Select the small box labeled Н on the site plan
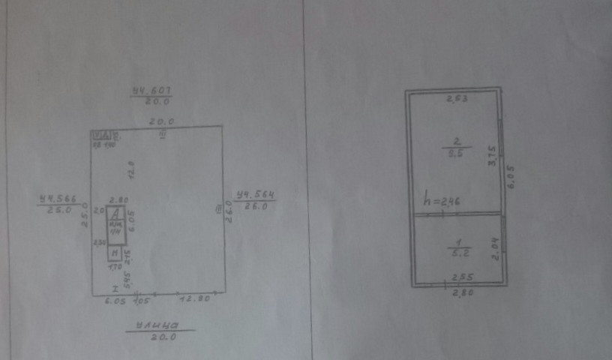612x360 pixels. pos(115,253)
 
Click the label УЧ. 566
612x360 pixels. pos(58,199)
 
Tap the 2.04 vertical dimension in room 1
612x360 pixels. pos(493,247)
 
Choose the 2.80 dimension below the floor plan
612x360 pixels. pos(457,292)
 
